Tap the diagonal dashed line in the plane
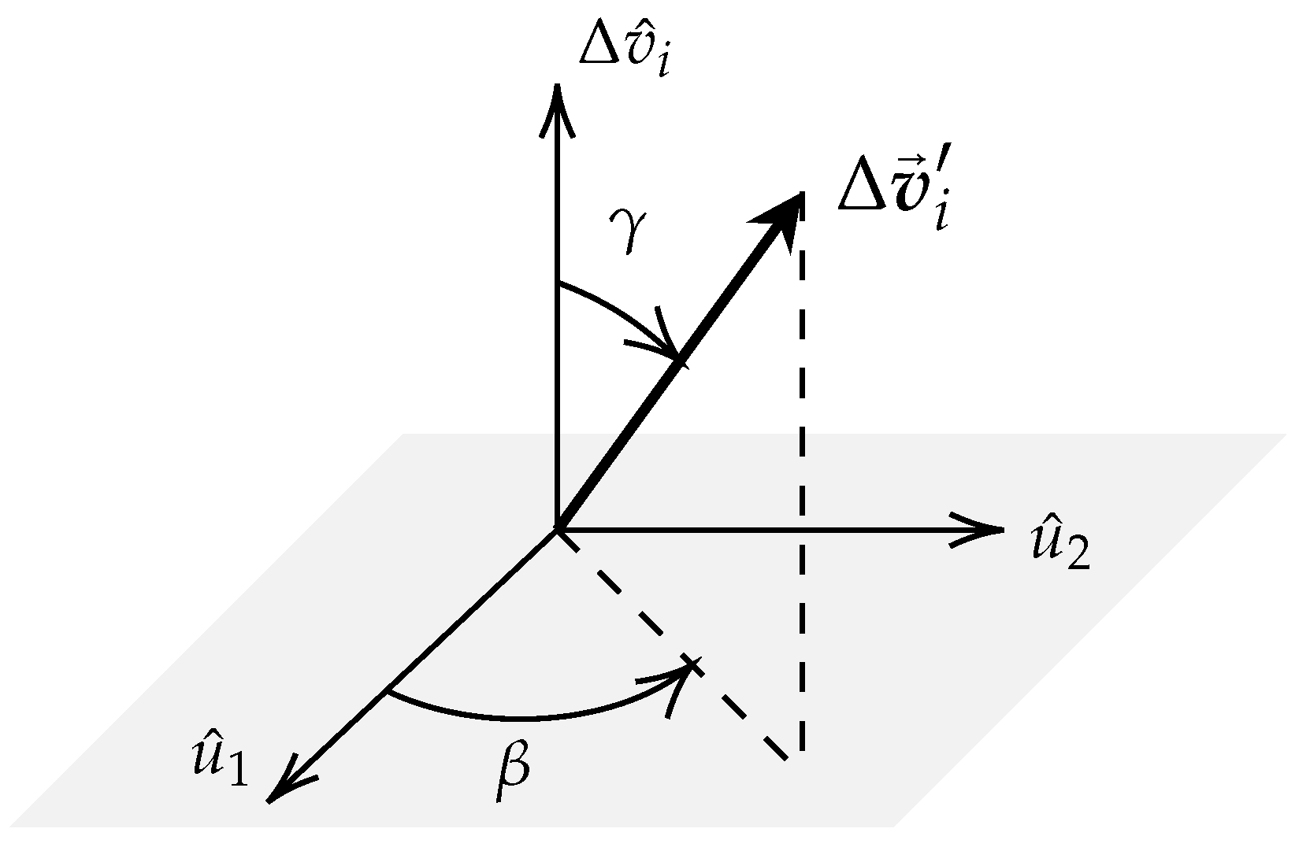pyautogui.click(x=677, y=649)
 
